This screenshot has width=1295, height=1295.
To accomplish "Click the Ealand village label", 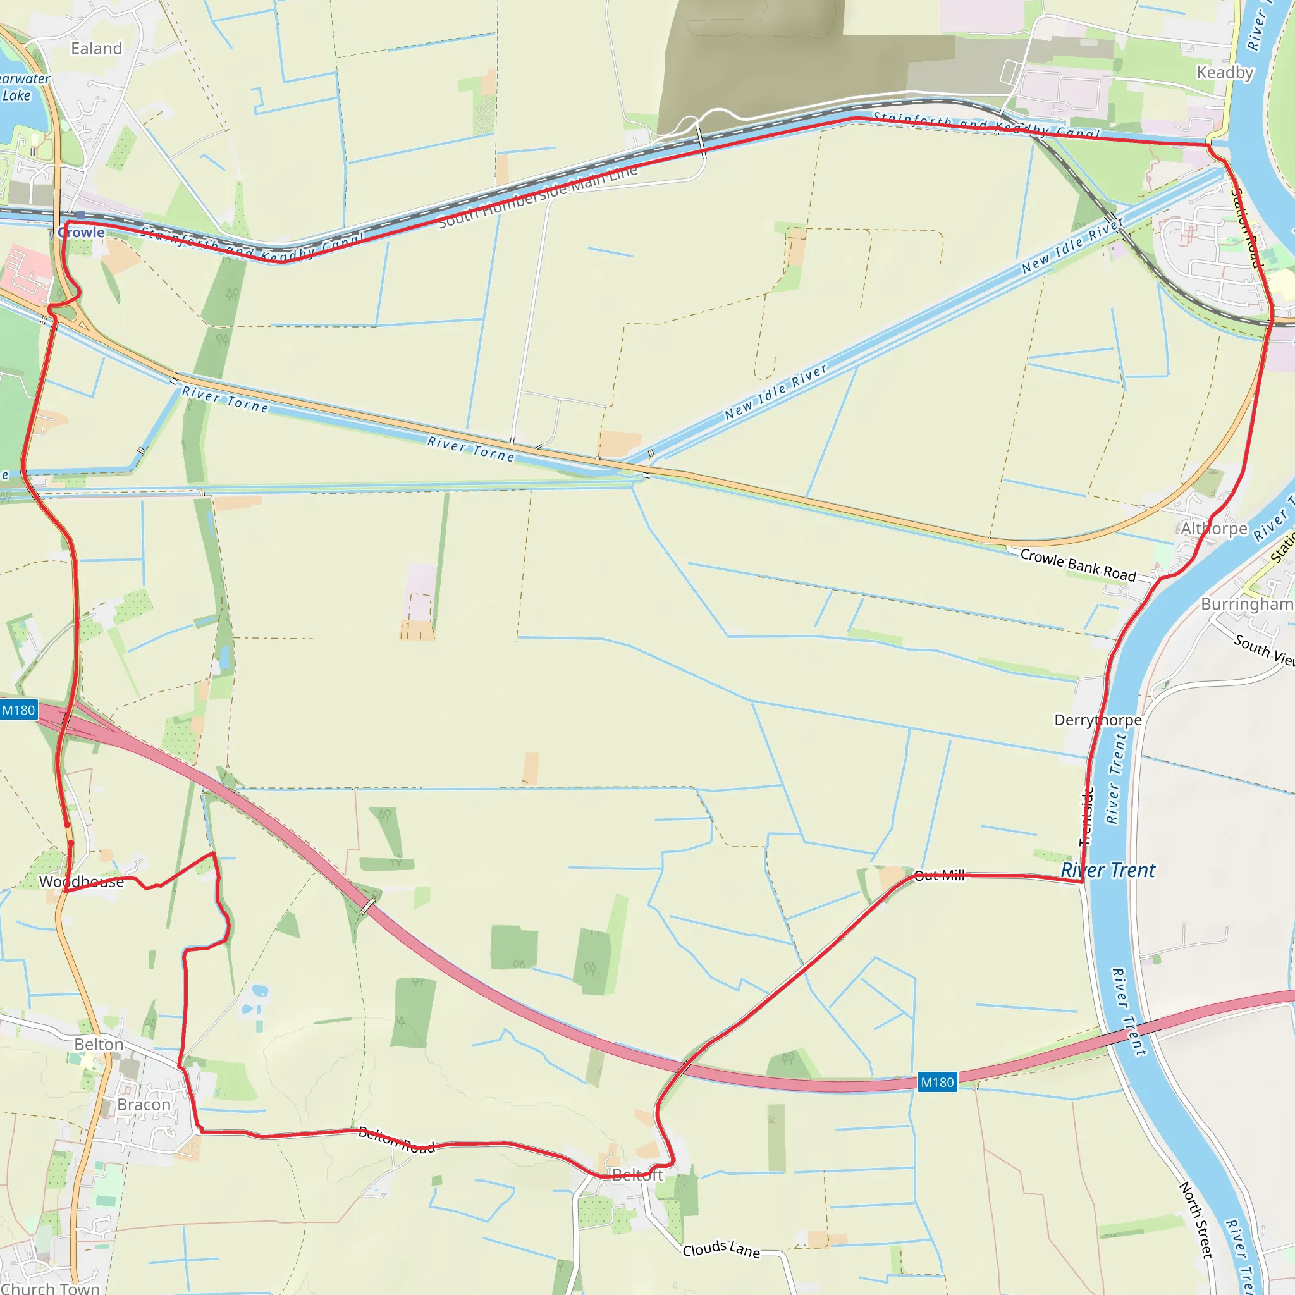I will pyautogui.click(x=97, y=48).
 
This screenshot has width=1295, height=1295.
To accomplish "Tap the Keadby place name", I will pyautogui.click(x=1225, y=72).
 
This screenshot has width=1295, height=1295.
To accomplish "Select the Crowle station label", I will pyautogui.click(x=81, y=233).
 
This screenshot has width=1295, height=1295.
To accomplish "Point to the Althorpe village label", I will pyautogui.click(x=1214, y=529).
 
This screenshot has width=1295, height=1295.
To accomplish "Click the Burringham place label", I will pyautogui.click(x=1246, y=604).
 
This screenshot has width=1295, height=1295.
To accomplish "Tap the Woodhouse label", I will pyautogui.click(x=81, y=881).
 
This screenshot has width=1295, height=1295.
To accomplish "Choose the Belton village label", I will pyautogui.click(x=99, y=1045).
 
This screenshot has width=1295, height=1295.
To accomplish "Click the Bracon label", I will pyautogui.click(x=144, y=1104).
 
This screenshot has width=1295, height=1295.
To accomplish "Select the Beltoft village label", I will pyautogui.click(x=637, y=1174).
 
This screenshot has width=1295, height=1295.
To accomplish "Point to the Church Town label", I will pyautogui.click(x=51, y=1287).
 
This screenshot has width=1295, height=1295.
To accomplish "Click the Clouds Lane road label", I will pyautogui.click(x=721, y=1249).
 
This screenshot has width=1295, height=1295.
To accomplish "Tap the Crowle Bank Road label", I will pyautogui.click(x=1078, y=565).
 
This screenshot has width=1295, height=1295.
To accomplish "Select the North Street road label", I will pyautogui.click(x=1196, y=1220).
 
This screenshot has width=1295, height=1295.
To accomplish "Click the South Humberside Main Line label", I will pyautogui.click(x=537, y=197).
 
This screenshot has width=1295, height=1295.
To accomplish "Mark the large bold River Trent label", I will pyautogui.click(x=1108, y=870).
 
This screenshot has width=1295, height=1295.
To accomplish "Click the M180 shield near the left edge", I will pyautogui.click(x=18, y=711).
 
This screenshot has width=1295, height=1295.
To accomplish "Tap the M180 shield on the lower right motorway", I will pyautogui.click(x=937, y=1083).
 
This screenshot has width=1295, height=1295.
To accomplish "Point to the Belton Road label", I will pyautogui.click(x=397, y=1140).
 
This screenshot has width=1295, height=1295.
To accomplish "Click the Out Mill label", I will pyautogui.click(x=939, y=875).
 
